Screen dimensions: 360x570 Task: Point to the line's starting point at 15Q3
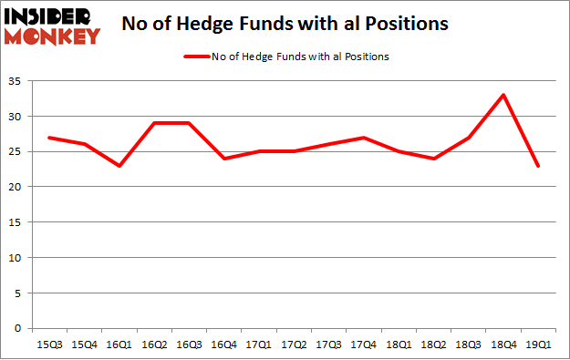(x=49, y=138)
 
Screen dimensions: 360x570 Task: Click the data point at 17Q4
(x=365, y=138)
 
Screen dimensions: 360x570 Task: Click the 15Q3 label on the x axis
(x=49, y=345)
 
